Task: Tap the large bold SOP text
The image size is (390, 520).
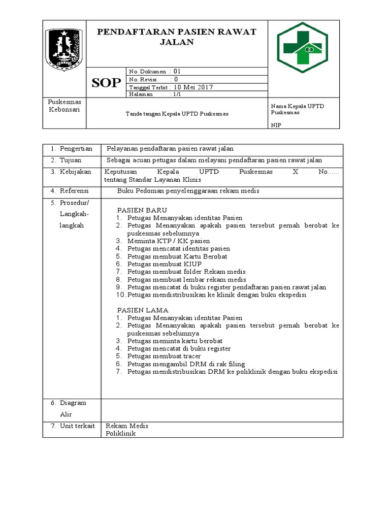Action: [106, 83]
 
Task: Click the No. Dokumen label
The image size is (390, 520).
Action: [148, 72]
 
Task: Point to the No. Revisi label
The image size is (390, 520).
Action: [143, 79]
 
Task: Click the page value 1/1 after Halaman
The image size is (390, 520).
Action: [177, 94]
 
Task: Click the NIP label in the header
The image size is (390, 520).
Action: [276, 124]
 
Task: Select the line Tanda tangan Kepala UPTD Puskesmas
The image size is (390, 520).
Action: [177, 114]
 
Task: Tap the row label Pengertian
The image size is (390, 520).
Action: [76, 149]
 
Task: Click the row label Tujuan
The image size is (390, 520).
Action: [71, 160]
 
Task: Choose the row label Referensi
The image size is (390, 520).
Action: [74, 191]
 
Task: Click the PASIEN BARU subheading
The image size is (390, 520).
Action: [142, 210]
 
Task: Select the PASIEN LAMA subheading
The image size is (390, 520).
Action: [143, 310]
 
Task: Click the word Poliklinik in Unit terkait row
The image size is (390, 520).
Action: [121, 434]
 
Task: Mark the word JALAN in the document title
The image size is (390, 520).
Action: [177, 42]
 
